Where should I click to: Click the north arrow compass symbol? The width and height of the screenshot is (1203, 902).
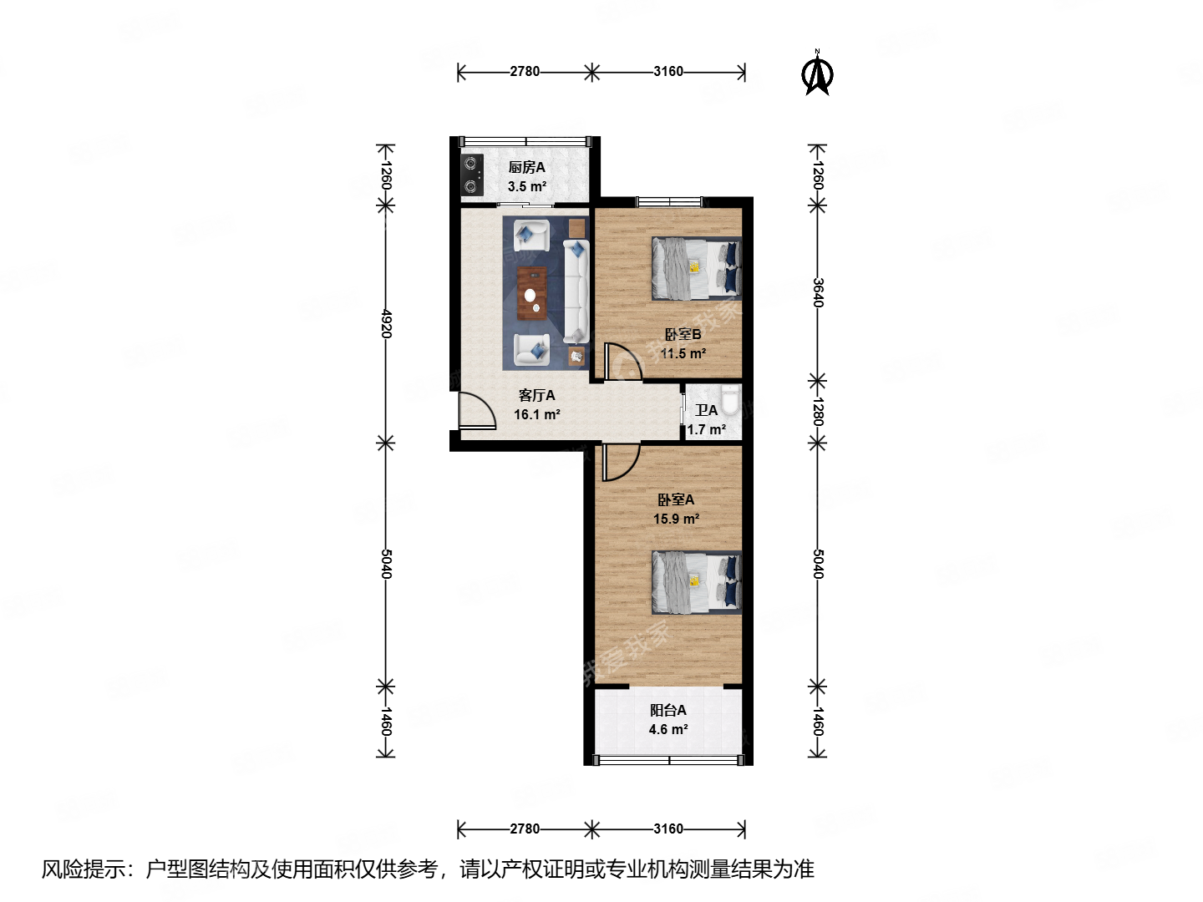tap(818, 74)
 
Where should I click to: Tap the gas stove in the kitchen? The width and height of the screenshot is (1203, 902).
tap(472, 175)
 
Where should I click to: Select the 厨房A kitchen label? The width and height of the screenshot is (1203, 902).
tap(526, 168)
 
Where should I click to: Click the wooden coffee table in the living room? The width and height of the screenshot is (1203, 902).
tap(531, 293)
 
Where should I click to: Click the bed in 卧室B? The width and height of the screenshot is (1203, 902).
tap(696, 268)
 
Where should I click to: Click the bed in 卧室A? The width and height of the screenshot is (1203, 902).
tap(696, 582)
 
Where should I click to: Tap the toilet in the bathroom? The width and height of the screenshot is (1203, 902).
tap(729, 400)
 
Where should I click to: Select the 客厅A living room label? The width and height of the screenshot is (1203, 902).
tap(536, 395)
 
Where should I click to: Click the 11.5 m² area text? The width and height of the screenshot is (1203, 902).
tap(683, 353)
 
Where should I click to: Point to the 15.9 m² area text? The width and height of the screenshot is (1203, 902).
tap(676, 519)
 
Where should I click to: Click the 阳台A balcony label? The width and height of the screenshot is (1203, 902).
tap(668, 710)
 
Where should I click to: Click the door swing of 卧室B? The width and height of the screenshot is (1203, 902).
tap(621, 361)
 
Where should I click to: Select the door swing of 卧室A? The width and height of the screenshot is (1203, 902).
tap(620, 463)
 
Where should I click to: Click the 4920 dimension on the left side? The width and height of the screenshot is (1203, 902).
tap(385, 323)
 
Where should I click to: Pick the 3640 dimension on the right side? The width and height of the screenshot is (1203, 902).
tap(818, 292)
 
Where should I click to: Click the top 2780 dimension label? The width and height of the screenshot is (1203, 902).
tap(525, 72)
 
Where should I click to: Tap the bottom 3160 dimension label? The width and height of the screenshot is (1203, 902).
tap(668, 829)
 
